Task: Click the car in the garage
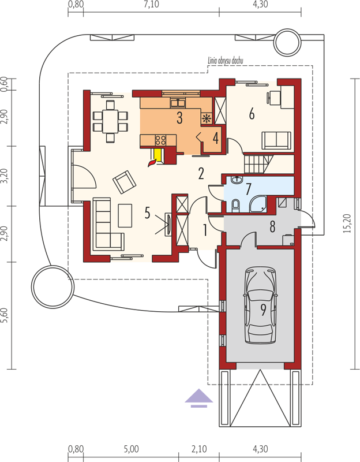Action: point(261,305)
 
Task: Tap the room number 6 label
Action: point(252,114)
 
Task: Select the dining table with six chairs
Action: point(110,121)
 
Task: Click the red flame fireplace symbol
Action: point(152,162)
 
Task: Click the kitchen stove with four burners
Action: point(160,140)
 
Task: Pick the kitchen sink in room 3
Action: point(178,103)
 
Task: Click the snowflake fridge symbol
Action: point(207,119)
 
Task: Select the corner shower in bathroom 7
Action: point(258,204)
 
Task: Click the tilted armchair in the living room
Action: point(124,182)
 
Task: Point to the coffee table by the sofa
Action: point(125,215)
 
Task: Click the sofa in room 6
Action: point(276,140)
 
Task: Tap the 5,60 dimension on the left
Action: point(4,315)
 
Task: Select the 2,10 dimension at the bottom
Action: point(199,449)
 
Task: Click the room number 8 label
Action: point(272,226)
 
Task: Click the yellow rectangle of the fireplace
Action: point(157,155)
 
